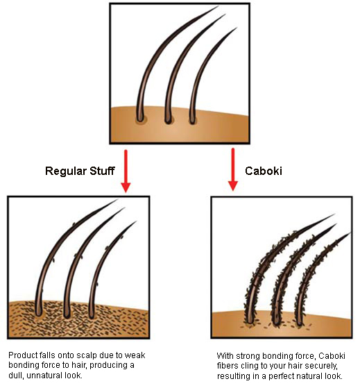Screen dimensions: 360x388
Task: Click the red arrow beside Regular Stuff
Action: pos(126,171)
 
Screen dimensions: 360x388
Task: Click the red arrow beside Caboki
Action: pos(233,169)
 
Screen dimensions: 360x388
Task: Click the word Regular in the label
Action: pos(66,171)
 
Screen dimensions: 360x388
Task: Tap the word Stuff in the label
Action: pos(102,171)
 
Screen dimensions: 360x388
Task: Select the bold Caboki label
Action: pos(264,171)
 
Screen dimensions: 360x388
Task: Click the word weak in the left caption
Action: pos(135,355)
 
